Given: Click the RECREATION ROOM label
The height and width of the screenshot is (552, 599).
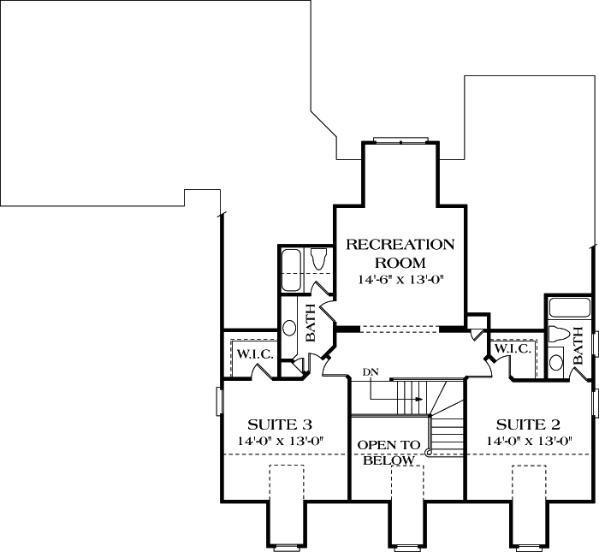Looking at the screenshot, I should click(x=399, y=253).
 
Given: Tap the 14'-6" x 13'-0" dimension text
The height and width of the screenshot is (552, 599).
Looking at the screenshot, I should click(x=400, y=280).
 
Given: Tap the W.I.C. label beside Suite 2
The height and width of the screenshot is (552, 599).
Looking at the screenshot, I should click(x=511, y=348).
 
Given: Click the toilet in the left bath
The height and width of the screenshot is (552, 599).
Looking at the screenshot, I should click(x=320, y=258).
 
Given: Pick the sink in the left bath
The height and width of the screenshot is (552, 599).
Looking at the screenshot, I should click(x=289, y=328).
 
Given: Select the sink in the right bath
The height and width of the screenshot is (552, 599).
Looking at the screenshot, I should click(x=556, y=363).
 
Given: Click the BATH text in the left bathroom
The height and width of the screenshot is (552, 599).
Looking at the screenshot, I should click(x=310, y=328).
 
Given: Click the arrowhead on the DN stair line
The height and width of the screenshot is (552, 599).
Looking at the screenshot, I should click(x=419, y=399).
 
